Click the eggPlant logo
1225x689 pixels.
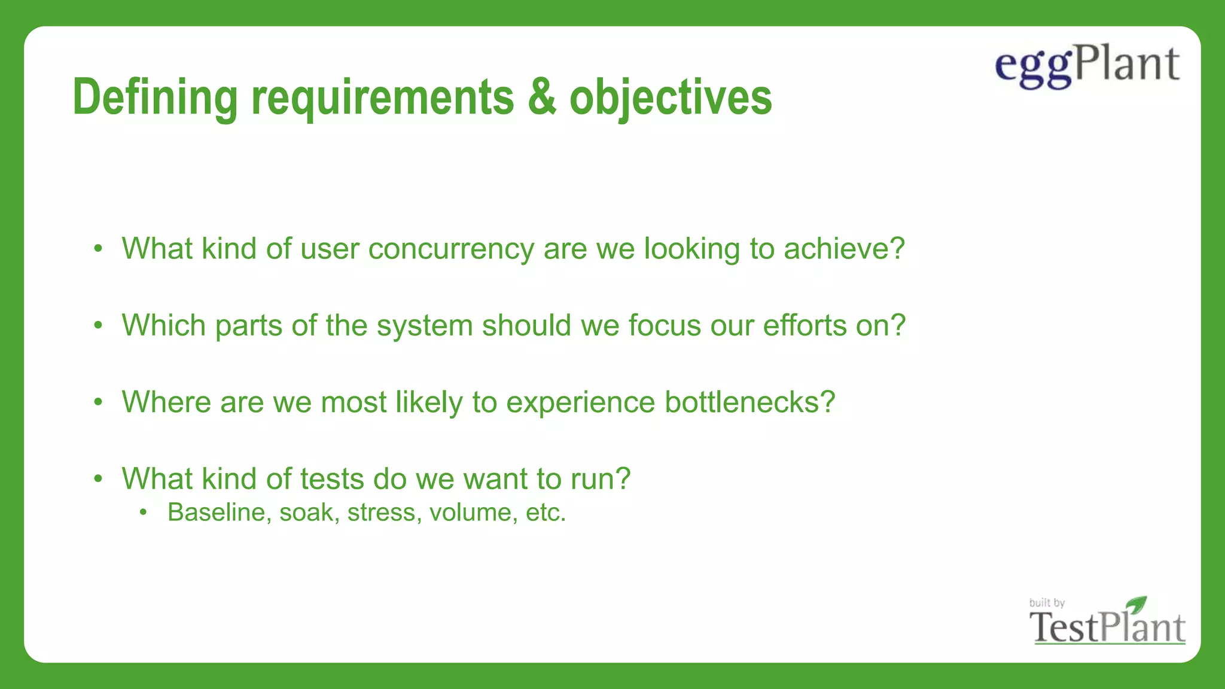(x=1087, y=66)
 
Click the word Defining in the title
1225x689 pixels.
(x=155, y=97)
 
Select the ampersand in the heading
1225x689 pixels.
(x=541, y=97)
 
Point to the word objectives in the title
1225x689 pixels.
(x=671, y=97)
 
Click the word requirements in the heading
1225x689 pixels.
(x=382, y=97)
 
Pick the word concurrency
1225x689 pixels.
(x=451, y=249)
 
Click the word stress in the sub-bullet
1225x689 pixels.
(x=381, y=513)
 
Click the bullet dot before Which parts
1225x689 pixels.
(x=99, y=326)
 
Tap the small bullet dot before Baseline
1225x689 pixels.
(x=143, y=513)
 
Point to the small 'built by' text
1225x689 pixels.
(x=1047, y=603)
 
